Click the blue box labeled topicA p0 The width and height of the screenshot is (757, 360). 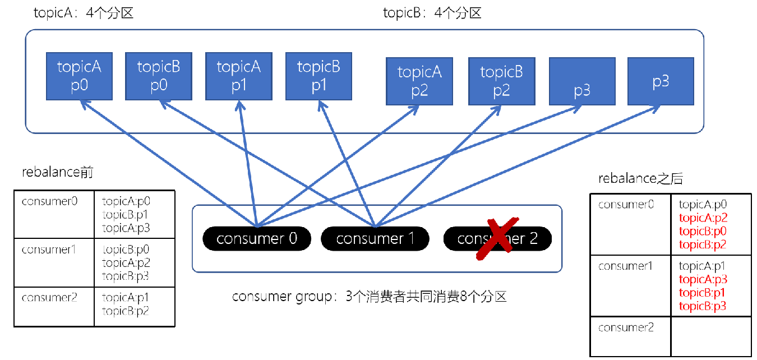(79, 76)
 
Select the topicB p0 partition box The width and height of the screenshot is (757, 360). (159, 76)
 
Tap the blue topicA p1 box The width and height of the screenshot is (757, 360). (239, 76)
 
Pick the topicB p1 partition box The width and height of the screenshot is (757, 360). (319, 76)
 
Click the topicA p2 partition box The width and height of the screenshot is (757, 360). (419, 81)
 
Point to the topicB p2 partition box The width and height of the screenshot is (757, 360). (501, 81)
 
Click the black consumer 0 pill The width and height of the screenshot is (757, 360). (256, 239)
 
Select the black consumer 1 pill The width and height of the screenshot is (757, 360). (375, 239)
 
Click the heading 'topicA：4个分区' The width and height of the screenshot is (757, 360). (84, 13)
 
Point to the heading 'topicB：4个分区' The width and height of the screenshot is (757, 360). (432, 13)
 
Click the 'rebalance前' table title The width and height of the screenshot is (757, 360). (58, 173)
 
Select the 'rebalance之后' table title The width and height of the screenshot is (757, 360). (640, 178)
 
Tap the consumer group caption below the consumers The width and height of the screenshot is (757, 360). (370, 297)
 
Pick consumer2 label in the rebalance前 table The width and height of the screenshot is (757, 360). (49, 298)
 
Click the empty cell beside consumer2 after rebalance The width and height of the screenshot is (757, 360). (710, 335)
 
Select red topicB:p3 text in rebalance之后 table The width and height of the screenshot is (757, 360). (702, 306)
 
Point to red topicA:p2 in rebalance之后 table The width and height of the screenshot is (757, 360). (702, 218)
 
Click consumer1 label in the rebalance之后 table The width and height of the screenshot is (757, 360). (626, 266)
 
